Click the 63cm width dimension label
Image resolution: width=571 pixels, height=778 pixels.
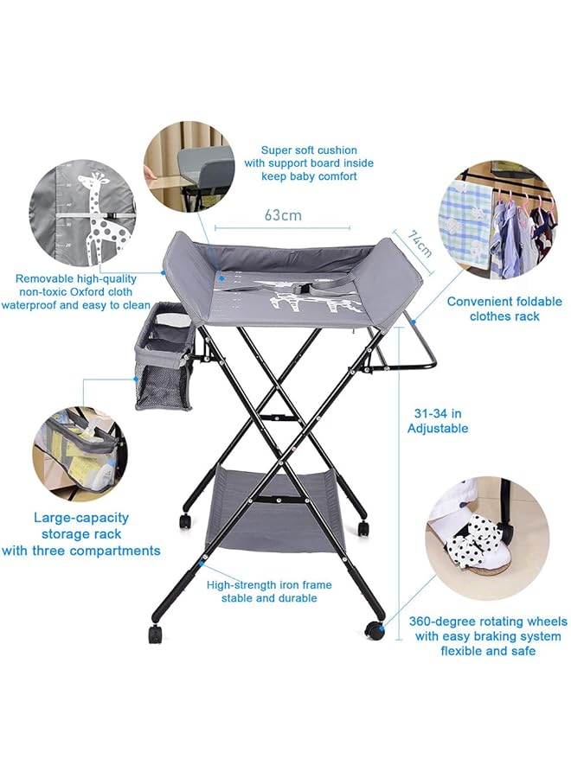pos(283,214)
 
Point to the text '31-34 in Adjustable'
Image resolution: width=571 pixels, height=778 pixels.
pos(438,421)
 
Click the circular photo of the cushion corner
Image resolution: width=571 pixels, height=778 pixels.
pos(189,167)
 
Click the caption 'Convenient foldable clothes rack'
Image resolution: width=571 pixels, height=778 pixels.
pos(504,309)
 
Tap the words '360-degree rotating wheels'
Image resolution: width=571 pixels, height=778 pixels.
pos(488,622)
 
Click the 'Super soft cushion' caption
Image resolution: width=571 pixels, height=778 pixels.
pos(309,150)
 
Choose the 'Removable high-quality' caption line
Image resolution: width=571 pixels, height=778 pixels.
pos(75,278)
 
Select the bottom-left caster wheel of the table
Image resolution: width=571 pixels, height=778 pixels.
pos(155,634)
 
